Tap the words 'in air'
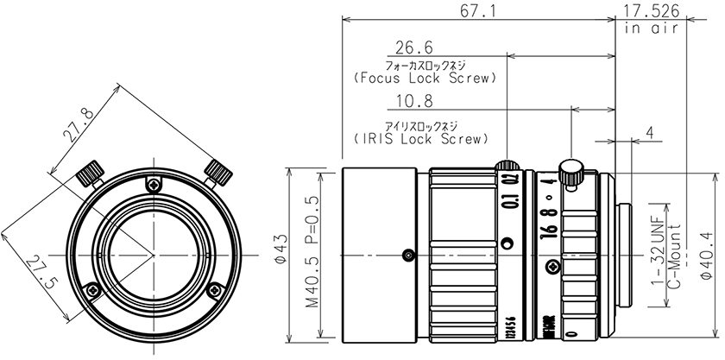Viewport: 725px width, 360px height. tap(649, 28)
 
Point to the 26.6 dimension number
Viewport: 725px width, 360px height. tap(414, 47)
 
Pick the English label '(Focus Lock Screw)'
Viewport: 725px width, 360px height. tap(426, 78)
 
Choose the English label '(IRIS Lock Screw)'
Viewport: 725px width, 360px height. tap(420, 137)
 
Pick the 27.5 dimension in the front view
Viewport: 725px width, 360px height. tap(41, 271)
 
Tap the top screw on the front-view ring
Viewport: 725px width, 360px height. tap(154, 183)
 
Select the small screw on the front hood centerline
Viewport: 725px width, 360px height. tap(407, 255)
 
